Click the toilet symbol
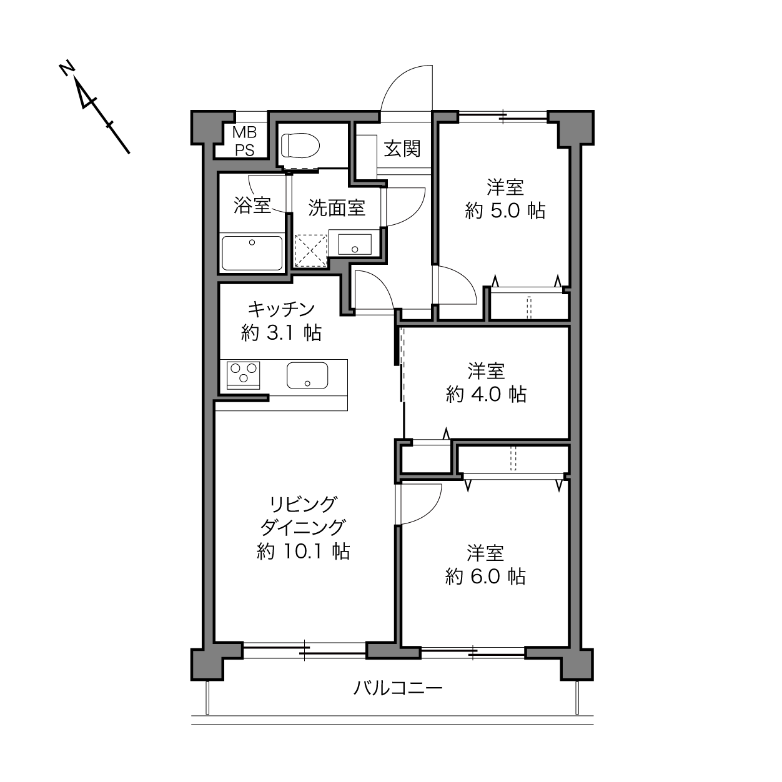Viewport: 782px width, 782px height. click(300, 146)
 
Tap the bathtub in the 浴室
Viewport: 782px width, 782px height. click(252, 253)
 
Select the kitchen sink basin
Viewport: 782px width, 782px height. click(307, 375)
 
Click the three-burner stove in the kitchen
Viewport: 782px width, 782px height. click(243, 375)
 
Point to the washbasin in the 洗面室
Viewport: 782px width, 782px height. click(355, 244)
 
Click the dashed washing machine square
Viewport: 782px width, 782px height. click(310, 251)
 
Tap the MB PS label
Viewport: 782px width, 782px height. click(244, 141)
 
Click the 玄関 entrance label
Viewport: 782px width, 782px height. click(402, 149)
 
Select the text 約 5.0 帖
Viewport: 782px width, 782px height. click(505, 211)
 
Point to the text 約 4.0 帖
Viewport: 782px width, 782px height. click(486, 394)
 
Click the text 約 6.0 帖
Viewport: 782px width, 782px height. click(485, 577)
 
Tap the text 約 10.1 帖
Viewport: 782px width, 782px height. click(303, 552)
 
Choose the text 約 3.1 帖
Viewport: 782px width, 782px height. click(281, 333)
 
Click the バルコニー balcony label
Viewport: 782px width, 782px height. click(398, 688)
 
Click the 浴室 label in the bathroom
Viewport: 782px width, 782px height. click(252, 205)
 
